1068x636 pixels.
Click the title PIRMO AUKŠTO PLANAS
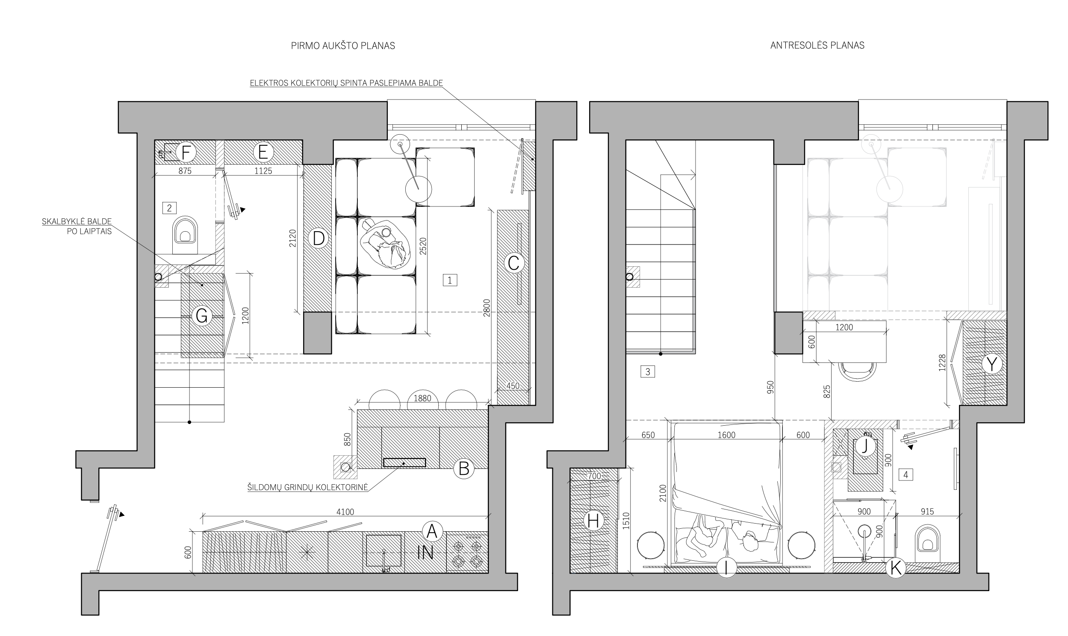click(343, 46)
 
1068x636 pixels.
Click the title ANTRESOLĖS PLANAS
click(817, 45)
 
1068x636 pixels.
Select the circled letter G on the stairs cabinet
click(201, 316)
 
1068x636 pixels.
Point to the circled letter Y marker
click(992, 365)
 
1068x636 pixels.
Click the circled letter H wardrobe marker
click(593, 521)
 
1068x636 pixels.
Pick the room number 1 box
click(450, 280)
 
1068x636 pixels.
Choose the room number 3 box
click(648, 371)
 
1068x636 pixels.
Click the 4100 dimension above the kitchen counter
click(345, 512)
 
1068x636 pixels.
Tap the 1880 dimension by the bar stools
click(422, 399)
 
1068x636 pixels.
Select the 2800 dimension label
click(487, 308)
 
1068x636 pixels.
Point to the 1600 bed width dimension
click(726, 436)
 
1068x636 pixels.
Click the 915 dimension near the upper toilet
click(927, 512)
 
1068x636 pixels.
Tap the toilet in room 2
click(185, 235)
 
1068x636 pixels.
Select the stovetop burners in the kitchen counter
click(467, 553)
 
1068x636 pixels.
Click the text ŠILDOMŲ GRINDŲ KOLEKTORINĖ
click(308, 487)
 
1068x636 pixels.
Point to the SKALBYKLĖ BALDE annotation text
click(77, 221)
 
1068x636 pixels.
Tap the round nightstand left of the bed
click(651, 545)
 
